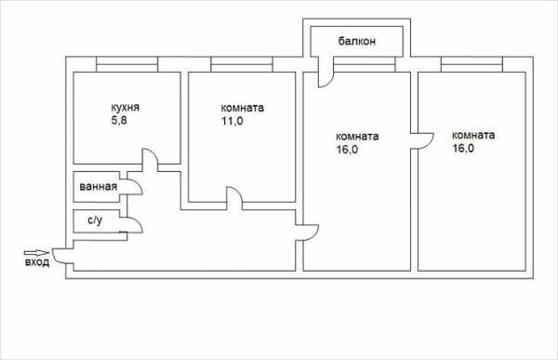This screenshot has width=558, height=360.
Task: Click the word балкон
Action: [x=356, y=41]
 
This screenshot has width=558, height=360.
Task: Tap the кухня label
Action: [x=126, y=108]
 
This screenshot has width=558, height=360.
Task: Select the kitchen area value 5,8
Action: [x=119, y=121]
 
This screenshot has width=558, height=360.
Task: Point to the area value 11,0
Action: [x=232, y=122]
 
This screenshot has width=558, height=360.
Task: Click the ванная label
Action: [x=99, y=187]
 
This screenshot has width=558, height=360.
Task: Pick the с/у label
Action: [x=95, y=220]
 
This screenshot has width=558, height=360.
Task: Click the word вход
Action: [x=37, y=262]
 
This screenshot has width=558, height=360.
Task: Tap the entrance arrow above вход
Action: [x=36, y=253]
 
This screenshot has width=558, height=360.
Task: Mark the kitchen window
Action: [x=126, y=64]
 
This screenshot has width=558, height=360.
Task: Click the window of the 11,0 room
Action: [x=242, y=64]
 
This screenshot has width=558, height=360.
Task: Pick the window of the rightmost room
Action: [x=472, y=64]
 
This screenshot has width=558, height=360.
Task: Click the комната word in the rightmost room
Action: [x=473, y=135]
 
